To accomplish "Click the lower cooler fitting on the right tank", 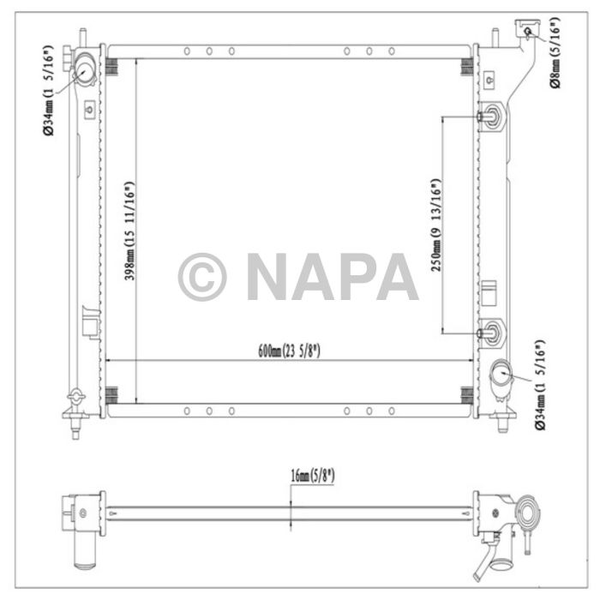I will coord(491,332).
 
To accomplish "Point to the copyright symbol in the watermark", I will coord(202,277).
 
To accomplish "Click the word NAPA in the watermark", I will coord(332,277).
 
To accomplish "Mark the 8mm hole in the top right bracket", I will coord(528,33).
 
